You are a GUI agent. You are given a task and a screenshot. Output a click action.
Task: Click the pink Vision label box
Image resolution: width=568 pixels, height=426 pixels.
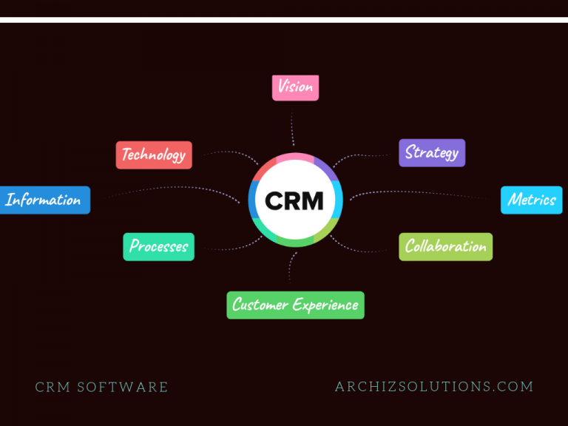(x=295, y=88)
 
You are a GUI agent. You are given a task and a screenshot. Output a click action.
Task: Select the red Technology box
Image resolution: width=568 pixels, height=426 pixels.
(x=154, y=155)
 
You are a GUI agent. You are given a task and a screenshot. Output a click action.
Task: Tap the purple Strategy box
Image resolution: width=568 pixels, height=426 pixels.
(x=432, y=153)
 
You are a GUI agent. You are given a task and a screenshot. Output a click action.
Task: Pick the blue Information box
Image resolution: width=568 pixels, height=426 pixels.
(x=45, y=200)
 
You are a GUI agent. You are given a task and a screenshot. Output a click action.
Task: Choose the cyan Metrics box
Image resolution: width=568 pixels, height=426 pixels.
(x=532, y=200)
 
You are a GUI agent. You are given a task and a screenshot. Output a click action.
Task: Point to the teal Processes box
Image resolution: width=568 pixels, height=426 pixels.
(x=159, y=247)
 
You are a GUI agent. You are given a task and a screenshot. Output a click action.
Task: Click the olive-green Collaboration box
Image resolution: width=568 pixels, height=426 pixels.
(x=445, y=247)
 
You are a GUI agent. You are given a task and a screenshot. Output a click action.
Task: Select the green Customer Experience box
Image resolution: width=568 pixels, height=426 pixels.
(x=295, y=305)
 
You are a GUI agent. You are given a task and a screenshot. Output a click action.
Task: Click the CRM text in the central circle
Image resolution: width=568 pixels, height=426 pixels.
(x=294, y=200)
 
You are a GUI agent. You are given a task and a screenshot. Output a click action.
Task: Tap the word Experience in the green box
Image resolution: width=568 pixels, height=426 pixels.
(x=325, y=305)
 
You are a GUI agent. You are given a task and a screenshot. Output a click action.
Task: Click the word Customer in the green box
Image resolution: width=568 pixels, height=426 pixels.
(x=260, y=304)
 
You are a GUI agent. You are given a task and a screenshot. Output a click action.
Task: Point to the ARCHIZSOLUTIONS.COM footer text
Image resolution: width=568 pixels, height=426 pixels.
(x=434, y=387)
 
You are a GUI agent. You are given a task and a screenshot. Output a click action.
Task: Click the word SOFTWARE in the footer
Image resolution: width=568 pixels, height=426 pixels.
(x=123, y=387)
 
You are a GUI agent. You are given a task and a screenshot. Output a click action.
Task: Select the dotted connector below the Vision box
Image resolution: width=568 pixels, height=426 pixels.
(x=292, y=127)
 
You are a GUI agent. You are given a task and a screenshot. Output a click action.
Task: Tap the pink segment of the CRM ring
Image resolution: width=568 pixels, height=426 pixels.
(x=295, y=158)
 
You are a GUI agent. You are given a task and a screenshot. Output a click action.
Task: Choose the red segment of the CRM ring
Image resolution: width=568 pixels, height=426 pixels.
(x=264, y=169)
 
